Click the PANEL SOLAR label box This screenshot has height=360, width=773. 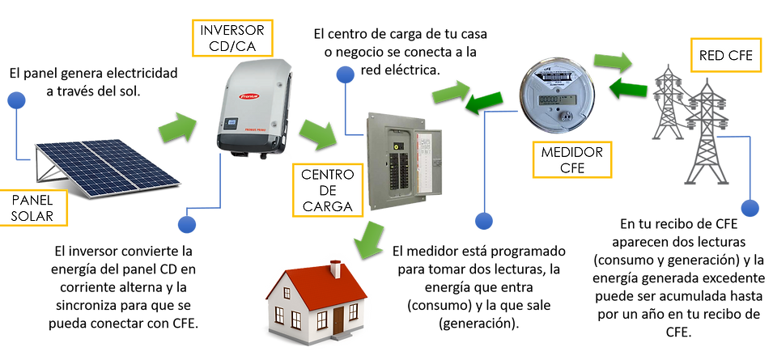tap(35, 208)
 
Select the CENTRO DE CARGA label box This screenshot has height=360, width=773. tap(327, 191)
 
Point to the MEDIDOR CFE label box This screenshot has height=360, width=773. tap(566, 159)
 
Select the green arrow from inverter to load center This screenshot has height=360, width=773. tap(319, 133)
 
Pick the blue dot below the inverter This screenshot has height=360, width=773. tap(188, 220)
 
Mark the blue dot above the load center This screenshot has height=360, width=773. tap(346, 74)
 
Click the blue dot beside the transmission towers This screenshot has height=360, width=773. tap(750, 209)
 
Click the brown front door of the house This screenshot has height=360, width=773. tap(338, 320)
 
